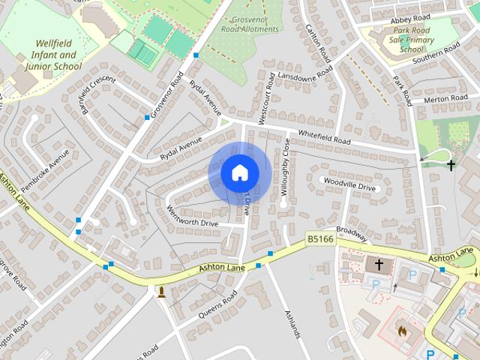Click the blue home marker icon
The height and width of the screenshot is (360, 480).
coord(239,173)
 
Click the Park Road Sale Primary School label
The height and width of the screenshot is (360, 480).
coord(411,39)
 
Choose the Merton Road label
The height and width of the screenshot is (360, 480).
coord(445,98)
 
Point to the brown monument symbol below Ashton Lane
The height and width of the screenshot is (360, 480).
coord(160,291)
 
